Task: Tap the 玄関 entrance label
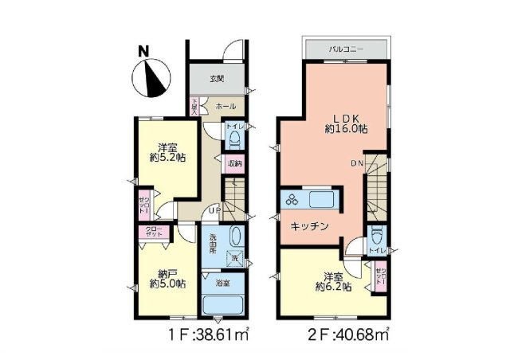[216, 79]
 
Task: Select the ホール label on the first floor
[225, 104]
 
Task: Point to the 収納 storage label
[233, 164]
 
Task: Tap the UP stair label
[214, 210]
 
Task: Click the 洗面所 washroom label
[216, 241]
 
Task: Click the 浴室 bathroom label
[224, 281]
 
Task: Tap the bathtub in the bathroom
[225, 306]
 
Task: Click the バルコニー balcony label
[347, 49]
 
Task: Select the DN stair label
[358, 163]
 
